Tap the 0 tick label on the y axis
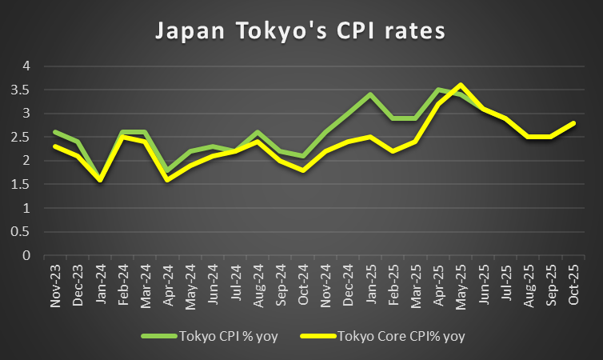[x=26, y=256]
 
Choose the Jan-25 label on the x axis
[x=369, y=286]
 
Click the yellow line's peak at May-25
[x=460, y=85]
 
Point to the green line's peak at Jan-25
[x=369, y=94]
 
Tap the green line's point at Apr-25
[x=437, y=90]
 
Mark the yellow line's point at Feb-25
[x=392, y=151]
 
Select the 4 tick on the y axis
[x=26, y=66]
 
